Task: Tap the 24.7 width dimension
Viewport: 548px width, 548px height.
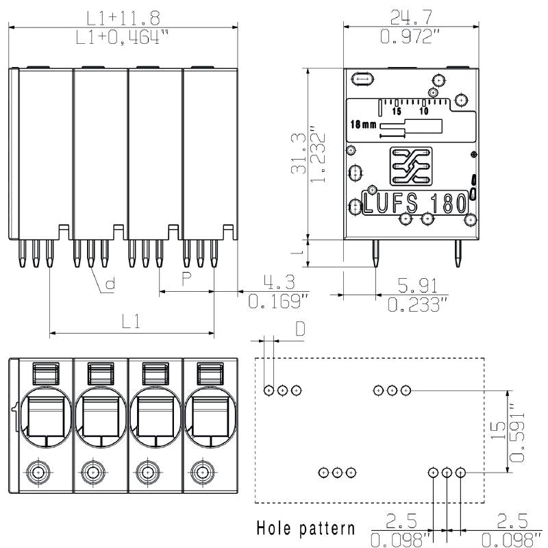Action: point(409,16)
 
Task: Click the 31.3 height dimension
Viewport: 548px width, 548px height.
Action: point(297,153)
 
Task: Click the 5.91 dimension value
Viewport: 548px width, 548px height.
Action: point(418,284)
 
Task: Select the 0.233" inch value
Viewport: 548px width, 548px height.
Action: point(418,304)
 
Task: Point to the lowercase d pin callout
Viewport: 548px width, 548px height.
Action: point(109,284)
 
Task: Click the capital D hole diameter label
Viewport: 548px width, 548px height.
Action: point(300,329)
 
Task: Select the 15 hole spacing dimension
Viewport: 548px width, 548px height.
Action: point(497,430)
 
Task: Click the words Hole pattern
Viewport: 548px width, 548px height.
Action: point(306,528)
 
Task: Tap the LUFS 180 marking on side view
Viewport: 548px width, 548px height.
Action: point(415,203)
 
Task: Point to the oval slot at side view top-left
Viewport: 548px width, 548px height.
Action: point(363,80)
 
